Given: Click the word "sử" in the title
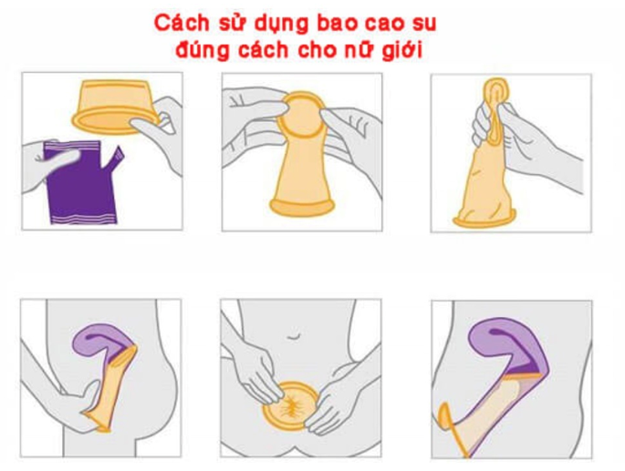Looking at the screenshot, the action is coord(228,24).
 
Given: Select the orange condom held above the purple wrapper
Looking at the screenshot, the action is coord(116,106).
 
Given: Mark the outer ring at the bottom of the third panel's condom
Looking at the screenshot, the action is coord(484,220).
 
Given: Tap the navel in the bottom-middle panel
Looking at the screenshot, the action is coord(294,337).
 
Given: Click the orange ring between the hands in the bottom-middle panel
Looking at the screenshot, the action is coord(290,406).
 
